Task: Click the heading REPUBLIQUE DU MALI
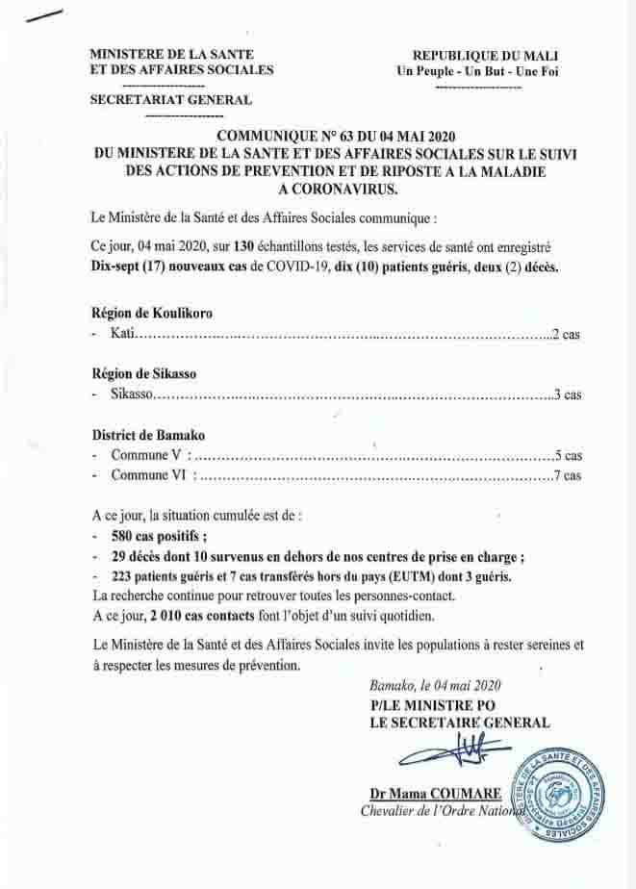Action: (x=486, y=56)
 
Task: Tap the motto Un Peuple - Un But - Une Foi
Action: (x=478, y=71)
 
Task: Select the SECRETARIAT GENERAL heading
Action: (x=170, y=99)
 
